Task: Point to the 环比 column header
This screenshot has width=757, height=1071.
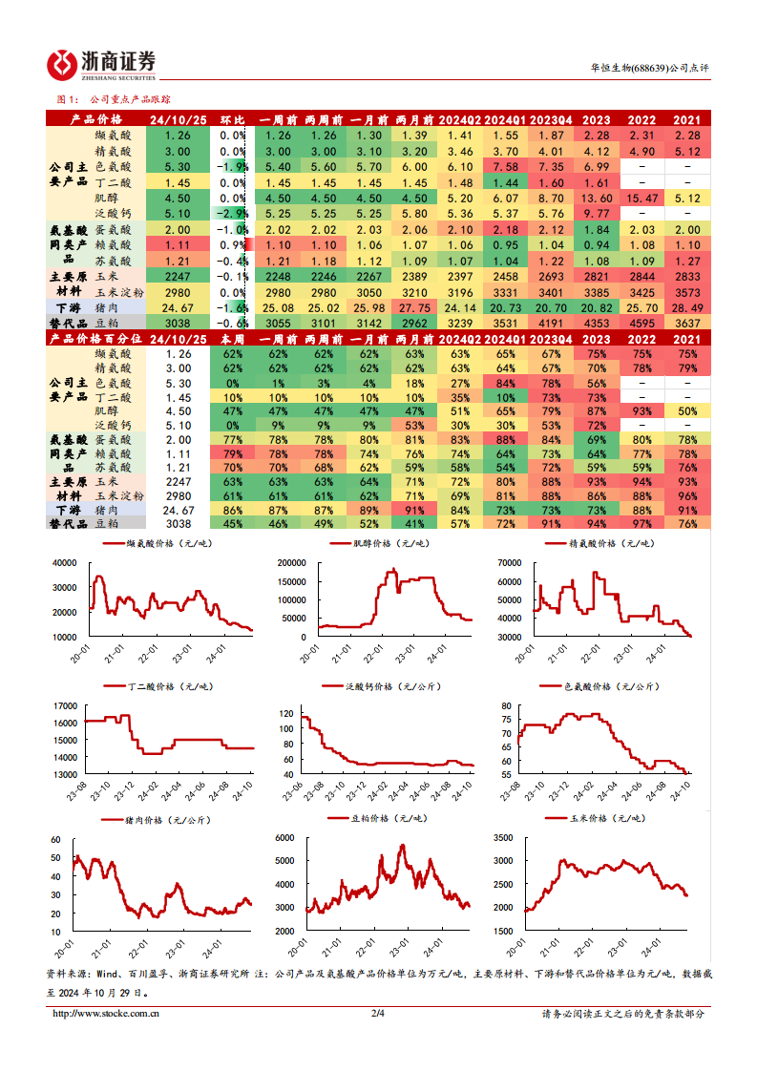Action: [x=233, y=120]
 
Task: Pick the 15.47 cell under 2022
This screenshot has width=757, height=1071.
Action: [x=641, y=198]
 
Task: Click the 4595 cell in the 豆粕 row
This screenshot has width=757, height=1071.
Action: [x=641, y=324]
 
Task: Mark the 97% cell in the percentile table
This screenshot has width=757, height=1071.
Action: [x=641, y=523]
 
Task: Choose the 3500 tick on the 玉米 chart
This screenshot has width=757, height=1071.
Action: [x=503, y=838]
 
